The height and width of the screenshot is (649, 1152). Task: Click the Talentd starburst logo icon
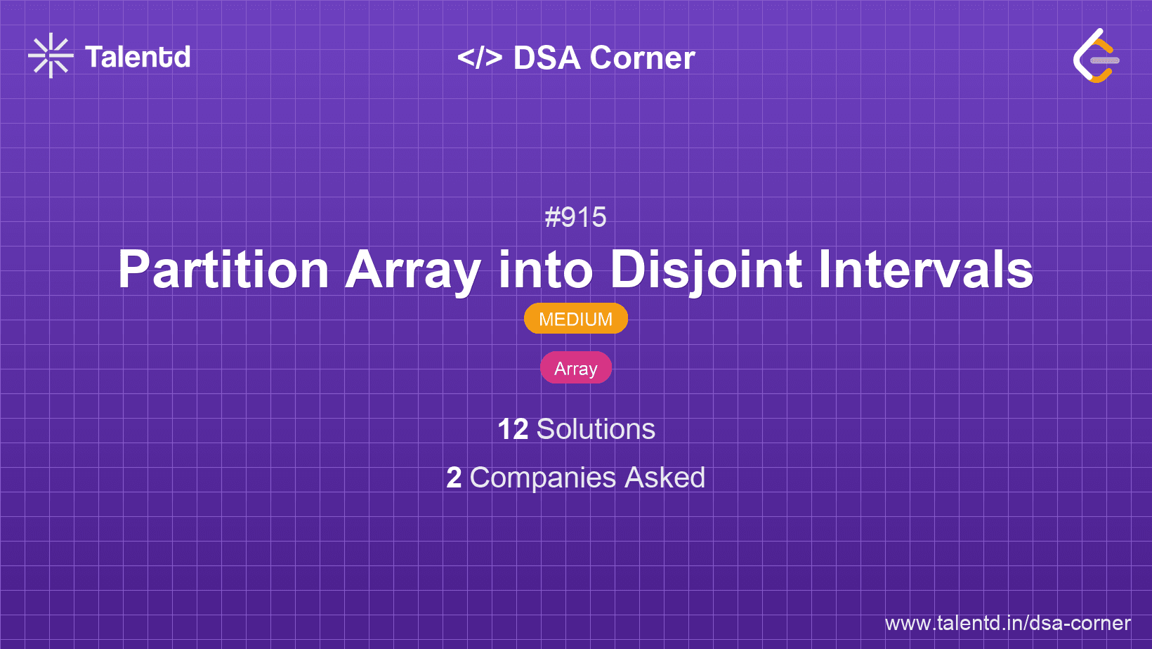point(51,55)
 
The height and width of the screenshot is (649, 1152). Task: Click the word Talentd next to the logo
point(138,57)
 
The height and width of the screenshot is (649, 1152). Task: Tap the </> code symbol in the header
point(480,58)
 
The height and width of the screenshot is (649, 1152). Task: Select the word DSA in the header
point(546,58)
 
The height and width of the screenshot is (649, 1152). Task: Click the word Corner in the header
point(642,58)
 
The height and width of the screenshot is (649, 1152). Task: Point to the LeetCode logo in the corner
point(1096,55)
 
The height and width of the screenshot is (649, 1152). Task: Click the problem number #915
point(575,217)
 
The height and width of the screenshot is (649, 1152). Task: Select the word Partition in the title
point(223,270)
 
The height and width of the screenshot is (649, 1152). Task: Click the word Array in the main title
point(413,270)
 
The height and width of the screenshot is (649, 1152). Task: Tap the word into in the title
point(545,270)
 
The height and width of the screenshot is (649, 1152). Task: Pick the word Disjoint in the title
point(706,270)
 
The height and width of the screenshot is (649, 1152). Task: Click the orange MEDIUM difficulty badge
point(575,319)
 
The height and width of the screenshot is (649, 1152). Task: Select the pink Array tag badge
point(575,368)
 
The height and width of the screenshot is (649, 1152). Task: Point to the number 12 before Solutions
point(512,429)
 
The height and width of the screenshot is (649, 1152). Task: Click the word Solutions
point(596,429)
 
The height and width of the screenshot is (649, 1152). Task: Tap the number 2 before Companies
point(454,478)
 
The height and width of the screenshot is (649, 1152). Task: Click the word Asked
point(665,478)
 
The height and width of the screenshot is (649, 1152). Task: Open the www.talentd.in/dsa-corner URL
point(1007,623)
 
